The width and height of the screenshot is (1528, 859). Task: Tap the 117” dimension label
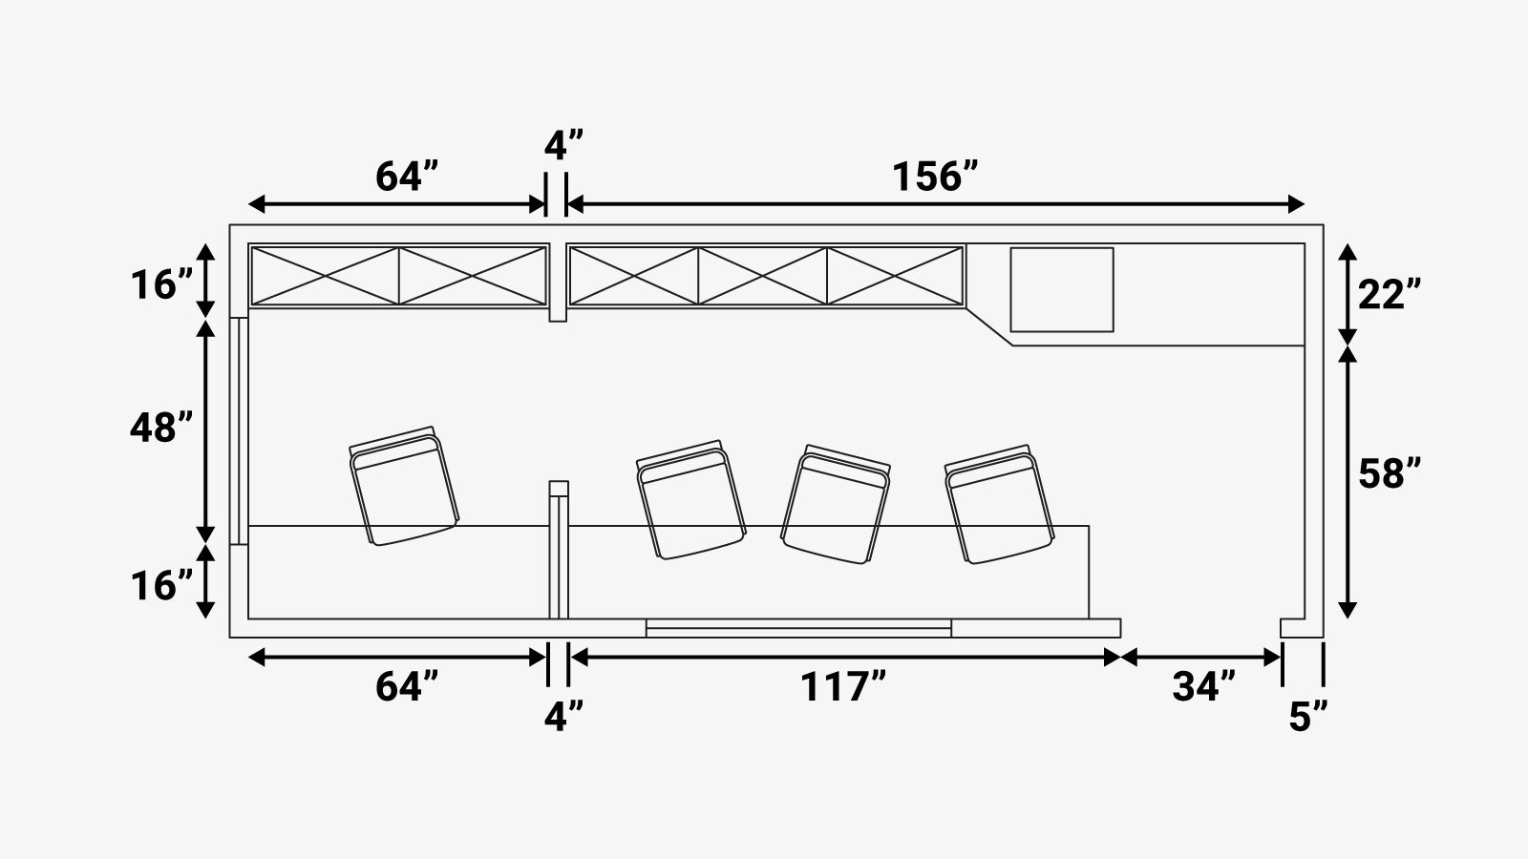[x=842, y=686]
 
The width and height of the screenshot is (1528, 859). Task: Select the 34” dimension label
[x=1204, y=686]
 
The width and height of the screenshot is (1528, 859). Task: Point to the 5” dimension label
[x=1307, y=717]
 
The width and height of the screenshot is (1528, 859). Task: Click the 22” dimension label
[x=1390, y=295]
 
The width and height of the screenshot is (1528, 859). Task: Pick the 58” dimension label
[x=1390, y=473]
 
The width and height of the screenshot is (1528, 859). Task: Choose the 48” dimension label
[x=161, y=429]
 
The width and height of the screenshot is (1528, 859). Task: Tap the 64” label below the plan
[x=407, y=686]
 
